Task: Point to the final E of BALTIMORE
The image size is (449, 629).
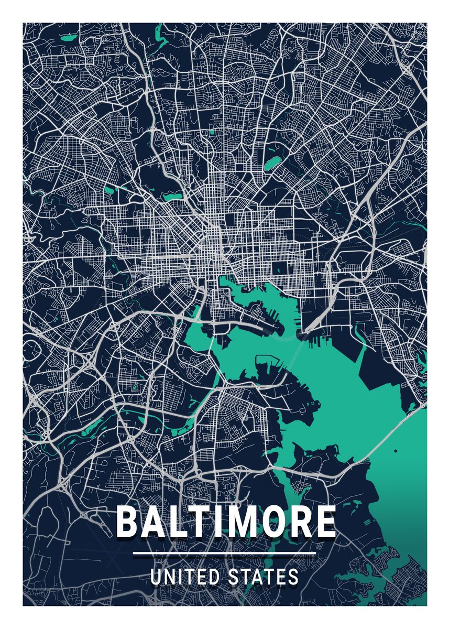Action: pos(325,522)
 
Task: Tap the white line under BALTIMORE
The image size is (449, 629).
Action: pos(225,553)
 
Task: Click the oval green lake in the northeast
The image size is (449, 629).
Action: pos(271,163)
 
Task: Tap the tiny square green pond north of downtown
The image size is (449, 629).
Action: pos(212,132)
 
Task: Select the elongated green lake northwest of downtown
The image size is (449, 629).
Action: pos(172,197)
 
